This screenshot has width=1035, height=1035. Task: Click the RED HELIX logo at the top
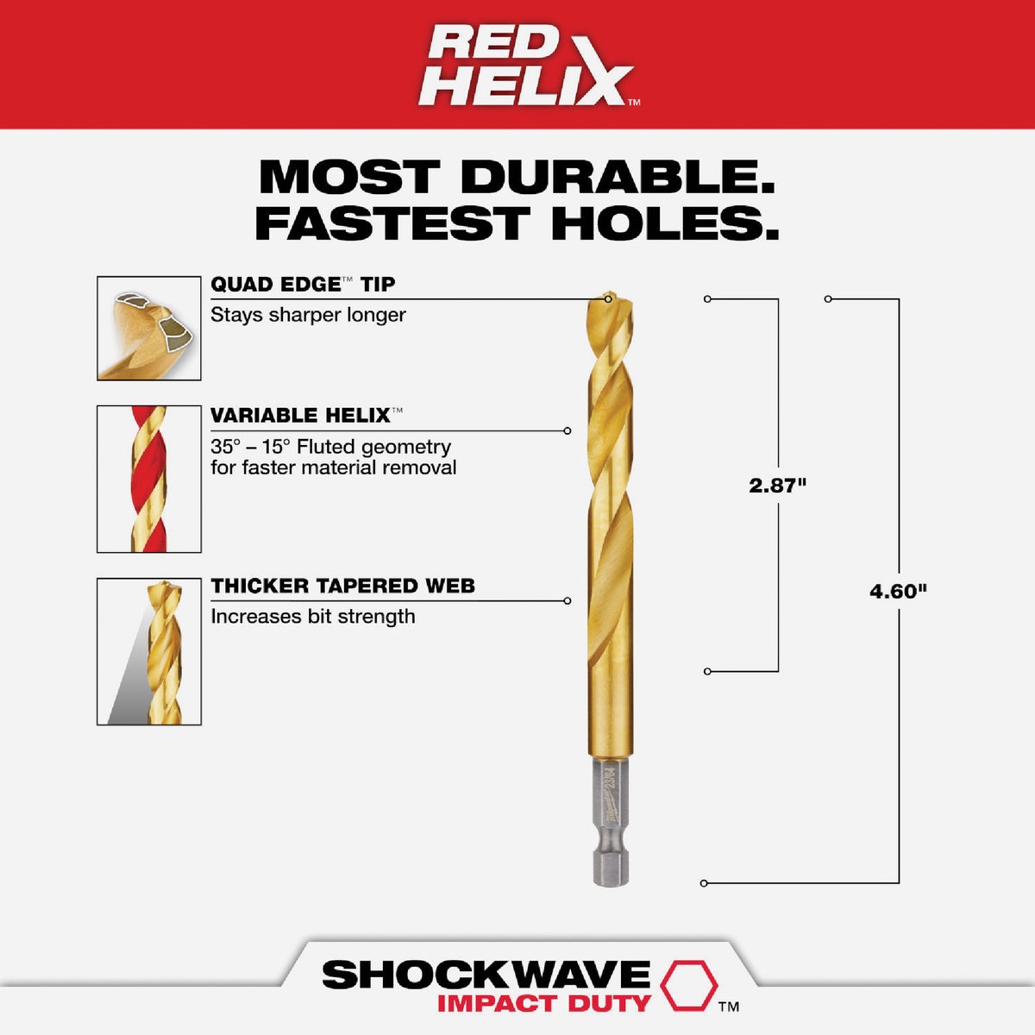tap(526, 66)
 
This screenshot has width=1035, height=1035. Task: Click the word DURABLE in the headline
tap(617, 177)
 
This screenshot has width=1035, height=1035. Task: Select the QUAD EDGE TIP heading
tap(303, 285)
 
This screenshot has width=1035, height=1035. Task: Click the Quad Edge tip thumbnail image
tap(149, 329)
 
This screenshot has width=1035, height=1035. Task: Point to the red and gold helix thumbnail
tap(149, 479)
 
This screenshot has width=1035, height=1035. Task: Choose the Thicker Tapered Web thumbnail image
tap(149, 651)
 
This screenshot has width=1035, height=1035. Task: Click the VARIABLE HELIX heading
tap(300, 416)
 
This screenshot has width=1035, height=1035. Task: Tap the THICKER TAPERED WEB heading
tap(342, 586)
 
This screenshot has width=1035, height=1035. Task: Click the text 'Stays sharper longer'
tap(308, 315)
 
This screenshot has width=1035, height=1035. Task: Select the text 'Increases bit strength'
tap(313, 617)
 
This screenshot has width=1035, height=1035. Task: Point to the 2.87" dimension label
tap(777, 486)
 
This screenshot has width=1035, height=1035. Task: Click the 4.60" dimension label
tap(898, 592)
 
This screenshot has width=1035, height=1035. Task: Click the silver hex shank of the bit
tap(612, 819)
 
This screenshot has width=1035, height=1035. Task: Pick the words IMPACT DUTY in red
tap(543, 1004)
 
